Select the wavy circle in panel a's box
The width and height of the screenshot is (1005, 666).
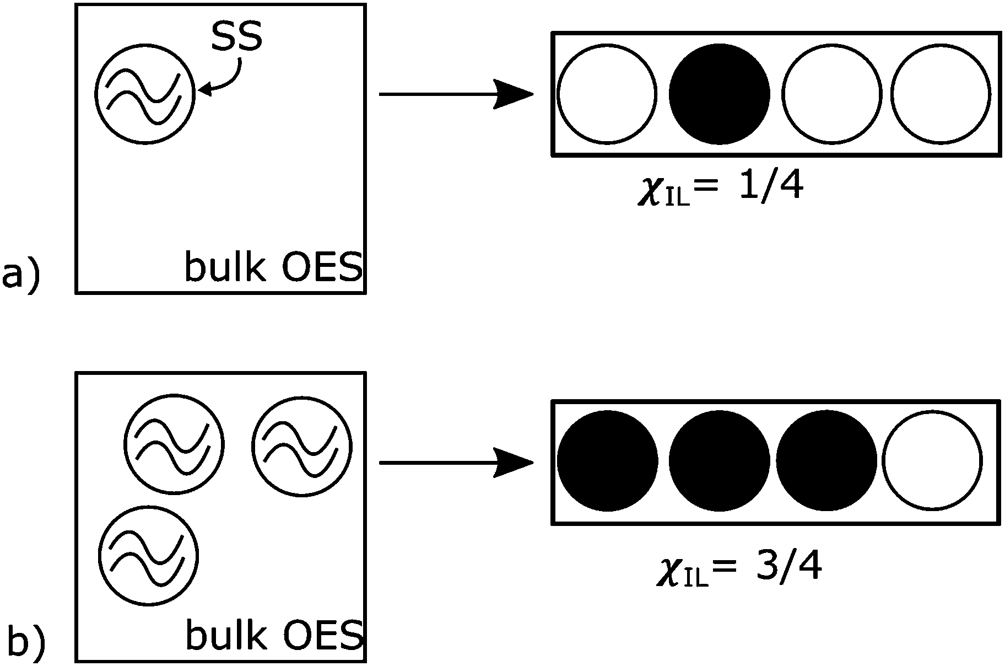[145, 94]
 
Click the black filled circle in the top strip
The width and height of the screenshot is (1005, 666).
[719, 94]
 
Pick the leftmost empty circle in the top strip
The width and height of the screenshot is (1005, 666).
[607, 94]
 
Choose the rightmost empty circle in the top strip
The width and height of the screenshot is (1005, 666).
[941, 94]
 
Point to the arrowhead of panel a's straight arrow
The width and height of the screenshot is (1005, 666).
[515, 94]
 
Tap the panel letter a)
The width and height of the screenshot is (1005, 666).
[20, 275]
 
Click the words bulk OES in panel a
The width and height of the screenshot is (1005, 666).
[273, 268]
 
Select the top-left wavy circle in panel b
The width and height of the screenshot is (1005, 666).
[174, 444]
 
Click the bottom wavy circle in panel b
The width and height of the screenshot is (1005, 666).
[148, 555]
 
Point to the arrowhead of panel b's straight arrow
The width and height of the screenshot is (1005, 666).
[515, 463]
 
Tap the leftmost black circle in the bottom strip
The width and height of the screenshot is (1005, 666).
[607, 461]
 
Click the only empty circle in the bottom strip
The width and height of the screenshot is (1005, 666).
[932, 461]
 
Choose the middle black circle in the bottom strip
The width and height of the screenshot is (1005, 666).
[719, 461]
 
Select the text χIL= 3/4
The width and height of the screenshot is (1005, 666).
[738, 568]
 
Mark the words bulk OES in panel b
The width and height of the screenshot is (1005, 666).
[274, 635]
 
